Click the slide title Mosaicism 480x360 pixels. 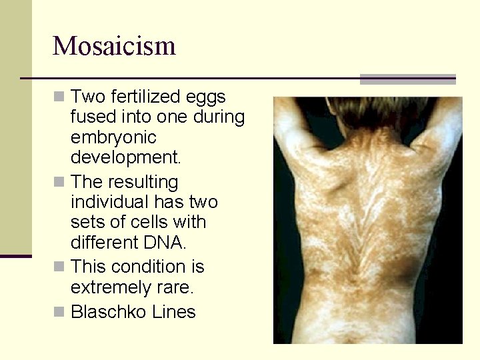coord(114,46)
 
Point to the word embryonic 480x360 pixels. coord(113,138)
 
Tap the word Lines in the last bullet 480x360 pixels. coord(175,312)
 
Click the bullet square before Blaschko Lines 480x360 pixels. coord(60,312)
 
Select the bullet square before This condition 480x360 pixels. coord(60,267)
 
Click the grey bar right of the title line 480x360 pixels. coord(407,79)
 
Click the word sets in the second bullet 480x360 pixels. coord(87,223)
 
